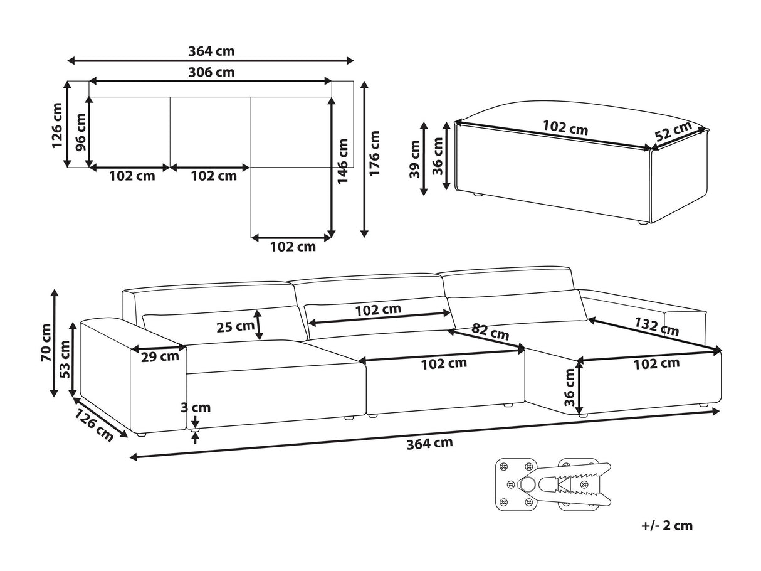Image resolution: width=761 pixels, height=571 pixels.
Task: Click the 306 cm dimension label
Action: click(x=211, y=72)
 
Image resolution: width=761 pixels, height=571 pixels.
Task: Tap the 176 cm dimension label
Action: click(x=374, y=153)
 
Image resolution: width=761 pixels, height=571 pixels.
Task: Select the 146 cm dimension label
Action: click(x=342, y=161)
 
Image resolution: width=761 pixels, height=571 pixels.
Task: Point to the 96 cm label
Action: click(x=81, y=132)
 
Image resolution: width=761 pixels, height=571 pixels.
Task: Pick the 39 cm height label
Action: click(x=414, y=159)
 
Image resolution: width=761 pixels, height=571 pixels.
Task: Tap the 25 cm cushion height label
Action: click(x=236, y=327)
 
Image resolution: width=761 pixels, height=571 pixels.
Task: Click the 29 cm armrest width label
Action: click(x=160, y=356)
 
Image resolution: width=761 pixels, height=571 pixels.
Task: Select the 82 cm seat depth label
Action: click(x=490, y=332)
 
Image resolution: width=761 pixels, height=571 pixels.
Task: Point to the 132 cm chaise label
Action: click(x=656, y=327)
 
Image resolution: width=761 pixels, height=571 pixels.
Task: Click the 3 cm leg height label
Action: click(x=196, y=408)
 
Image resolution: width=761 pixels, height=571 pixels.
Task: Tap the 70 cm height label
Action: click(x=46, y=343)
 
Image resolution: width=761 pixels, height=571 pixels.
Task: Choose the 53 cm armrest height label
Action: click(x=65, y=359)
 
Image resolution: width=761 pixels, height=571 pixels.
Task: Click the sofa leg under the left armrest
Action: click(x=141, y=434)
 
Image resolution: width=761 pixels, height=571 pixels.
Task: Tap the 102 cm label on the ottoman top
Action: click(x=565, y=127)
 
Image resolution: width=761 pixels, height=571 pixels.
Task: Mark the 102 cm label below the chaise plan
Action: click(x=293, y=247)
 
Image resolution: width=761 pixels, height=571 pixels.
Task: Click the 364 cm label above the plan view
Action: click(x=211, y=51)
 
